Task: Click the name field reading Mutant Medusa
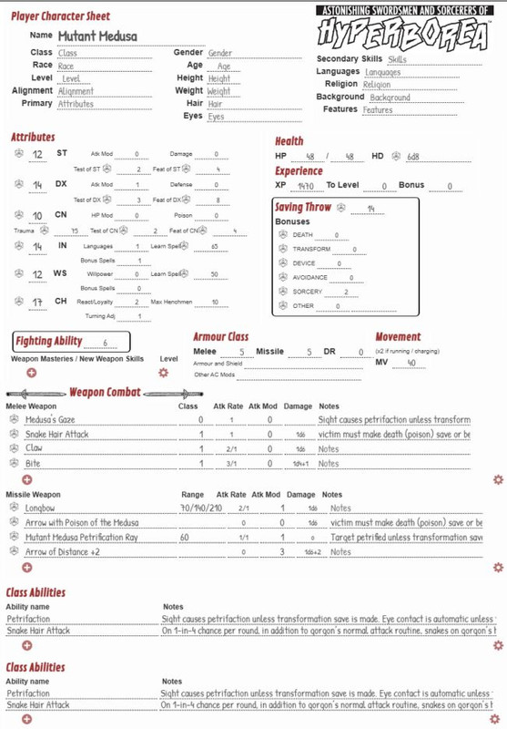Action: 96,35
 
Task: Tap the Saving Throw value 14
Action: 370,209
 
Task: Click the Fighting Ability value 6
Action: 106,343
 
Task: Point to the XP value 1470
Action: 306,185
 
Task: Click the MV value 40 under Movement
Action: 411,362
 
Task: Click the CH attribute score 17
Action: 38,301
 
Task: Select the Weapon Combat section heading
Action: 106,392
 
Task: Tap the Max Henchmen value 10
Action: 214,302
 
